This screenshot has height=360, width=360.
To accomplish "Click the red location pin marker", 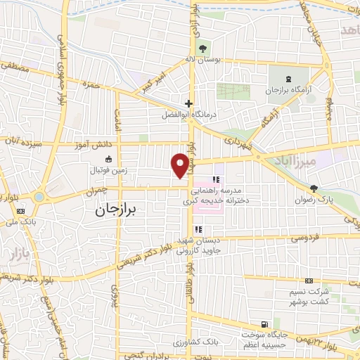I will click(180, 165).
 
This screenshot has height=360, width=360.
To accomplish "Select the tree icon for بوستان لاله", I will click(202, 49).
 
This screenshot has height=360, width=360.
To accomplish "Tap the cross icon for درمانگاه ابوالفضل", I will click(188, 103).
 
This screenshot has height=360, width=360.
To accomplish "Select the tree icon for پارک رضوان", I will click(314, 188).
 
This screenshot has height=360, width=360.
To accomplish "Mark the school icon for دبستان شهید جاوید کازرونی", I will click(199, 229).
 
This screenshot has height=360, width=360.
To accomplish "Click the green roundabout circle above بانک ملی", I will click(39, 197).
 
